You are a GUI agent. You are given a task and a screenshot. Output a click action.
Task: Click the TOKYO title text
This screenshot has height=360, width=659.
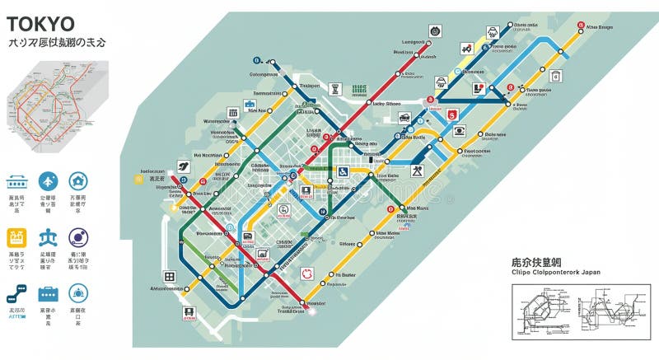(40, 23)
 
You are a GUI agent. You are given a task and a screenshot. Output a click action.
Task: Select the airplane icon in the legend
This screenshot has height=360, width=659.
(48, 181)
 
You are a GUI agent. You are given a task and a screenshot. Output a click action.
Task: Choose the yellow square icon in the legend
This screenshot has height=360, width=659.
(16, 238)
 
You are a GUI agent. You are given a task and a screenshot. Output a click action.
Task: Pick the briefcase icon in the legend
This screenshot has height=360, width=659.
(48, 293)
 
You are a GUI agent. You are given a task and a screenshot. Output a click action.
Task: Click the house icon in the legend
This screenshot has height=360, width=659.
(78, 181)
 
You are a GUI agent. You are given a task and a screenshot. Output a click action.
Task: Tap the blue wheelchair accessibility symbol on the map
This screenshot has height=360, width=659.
(343, 171)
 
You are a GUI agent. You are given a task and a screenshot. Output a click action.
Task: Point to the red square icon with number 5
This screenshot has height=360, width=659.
(451, 114)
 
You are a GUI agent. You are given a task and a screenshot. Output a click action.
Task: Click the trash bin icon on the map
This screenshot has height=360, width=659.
(555, 76)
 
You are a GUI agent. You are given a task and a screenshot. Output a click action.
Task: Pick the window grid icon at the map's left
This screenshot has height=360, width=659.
(170, 276)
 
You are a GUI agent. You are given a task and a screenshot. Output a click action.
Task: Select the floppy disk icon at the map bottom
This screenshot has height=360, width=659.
(189, 312)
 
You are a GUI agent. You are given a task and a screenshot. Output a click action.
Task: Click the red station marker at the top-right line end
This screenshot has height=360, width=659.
(581, 25)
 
